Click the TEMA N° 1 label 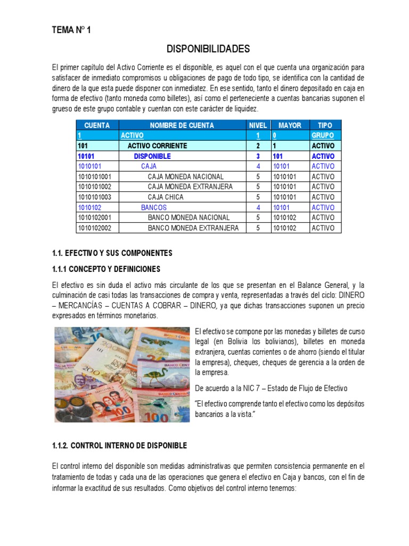pyautogui.click(x=71, y=30)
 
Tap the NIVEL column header pyautogui.click(x=258, y=125)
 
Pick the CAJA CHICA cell pyautogui.click(x=166, y=197)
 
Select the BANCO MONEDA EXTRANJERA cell pyautogui.click(x=193, y=228)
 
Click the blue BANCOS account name pyautogui.click(x=154, y=207)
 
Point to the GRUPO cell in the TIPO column pyautogui.click(x=323, y=135)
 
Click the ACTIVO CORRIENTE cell pyautogui.click(x=157, y=146)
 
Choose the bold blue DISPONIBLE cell pyautogui.click(x=152, y=156)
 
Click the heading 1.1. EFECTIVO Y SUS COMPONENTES pyautogui.click(x=112, y=252)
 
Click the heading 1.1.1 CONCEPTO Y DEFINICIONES pyautogui.click(x=106, y=269)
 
